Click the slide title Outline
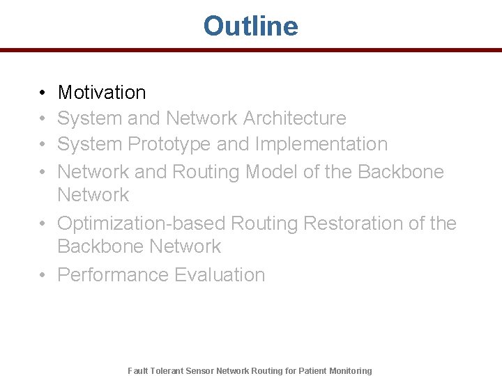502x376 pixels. point(250,26)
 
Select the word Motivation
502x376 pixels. point(102,93)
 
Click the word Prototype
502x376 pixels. point(169,144)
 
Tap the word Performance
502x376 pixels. point(112,275)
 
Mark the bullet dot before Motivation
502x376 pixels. point(43,93)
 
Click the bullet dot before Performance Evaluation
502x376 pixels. point(43,276)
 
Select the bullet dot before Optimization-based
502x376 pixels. point(43,224)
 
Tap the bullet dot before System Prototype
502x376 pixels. point(43,145)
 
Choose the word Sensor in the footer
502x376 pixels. point(201,371)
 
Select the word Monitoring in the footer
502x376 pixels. point(351,371)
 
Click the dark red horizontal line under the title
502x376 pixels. point(250,50)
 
